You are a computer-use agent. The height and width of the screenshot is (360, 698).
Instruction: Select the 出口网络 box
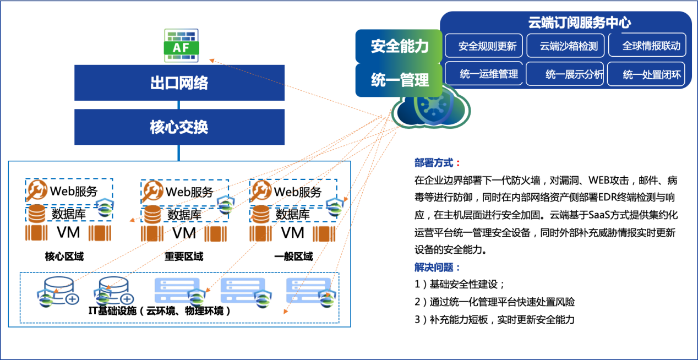(179, 83)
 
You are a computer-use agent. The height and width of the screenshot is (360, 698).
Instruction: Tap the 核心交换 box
(179, 127)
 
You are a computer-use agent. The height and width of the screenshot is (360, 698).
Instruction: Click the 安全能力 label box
(399, 46)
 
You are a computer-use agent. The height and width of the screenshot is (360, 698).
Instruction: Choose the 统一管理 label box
(399, 80)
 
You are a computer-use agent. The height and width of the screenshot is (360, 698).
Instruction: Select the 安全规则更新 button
(487, 46)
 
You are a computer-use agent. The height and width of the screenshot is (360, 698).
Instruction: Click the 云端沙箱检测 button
(569, 46)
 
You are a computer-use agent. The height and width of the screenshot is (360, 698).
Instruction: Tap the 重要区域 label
(184, 257)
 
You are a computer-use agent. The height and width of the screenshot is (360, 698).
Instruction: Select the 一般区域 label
(293, 257)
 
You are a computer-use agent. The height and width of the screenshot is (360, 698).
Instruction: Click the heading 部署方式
(437, 163)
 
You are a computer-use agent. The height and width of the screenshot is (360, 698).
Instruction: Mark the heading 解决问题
(437, 268)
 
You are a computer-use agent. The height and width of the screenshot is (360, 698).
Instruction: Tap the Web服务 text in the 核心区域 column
(74, 191)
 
